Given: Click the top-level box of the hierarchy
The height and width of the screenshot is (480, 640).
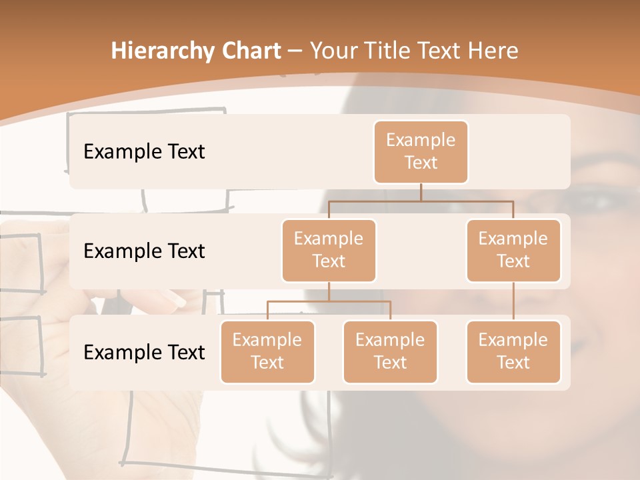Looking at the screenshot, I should click(421, 152).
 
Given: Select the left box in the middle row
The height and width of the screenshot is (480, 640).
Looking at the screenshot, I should click(329, 251).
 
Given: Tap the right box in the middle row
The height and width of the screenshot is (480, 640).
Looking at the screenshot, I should click(513, 251).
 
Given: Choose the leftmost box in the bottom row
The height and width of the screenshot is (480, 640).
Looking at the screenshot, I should click(267, 352).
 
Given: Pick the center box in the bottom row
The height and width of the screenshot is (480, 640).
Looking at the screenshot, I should click(390, 352).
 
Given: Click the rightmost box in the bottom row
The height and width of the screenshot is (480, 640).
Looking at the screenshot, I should click(513, 352).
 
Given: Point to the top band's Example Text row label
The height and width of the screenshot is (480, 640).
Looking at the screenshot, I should click(144, 152).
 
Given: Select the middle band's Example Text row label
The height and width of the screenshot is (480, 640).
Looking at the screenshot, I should click(144, 251).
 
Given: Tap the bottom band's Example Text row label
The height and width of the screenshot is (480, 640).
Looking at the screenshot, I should click(144, 353).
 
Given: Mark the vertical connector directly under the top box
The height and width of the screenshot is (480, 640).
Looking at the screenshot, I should click(421, 192).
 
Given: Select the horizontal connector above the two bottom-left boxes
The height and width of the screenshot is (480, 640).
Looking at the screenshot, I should click(329, 301).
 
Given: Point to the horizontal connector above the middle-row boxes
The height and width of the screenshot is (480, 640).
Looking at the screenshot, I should click(421, 200).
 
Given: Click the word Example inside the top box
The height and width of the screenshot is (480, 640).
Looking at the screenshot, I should click(421, 141).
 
